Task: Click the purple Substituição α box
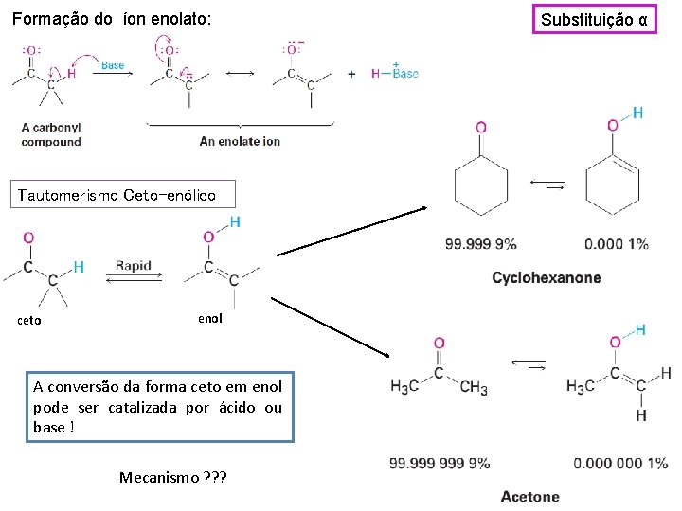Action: coord(595,19)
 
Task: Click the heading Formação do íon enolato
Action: coord(113,19)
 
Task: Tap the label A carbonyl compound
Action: coord(52,134)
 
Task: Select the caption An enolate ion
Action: coord(240,141)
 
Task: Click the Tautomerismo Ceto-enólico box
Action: coord(117,196)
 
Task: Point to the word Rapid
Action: coord(133,266)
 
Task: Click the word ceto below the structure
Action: coord(29,320)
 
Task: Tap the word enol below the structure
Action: coord(209,319)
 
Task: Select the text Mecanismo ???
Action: coord(173,477)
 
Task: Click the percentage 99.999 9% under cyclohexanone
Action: coord(481,244)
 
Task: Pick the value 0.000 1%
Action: coord(617,244)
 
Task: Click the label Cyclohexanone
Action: coord(547,278)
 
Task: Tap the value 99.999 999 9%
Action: coord(440,464)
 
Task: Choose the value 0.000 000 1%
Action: coord(620,464)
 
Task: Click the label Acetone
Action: coord(530,497)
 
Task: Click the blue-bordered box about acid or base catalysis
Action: coord(157,407)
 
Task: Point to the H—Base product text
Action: coord(394,73)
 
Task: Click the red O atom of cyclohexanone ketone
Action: coord(481,128)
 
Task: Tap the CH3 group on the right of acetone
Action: coord(474,388)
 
